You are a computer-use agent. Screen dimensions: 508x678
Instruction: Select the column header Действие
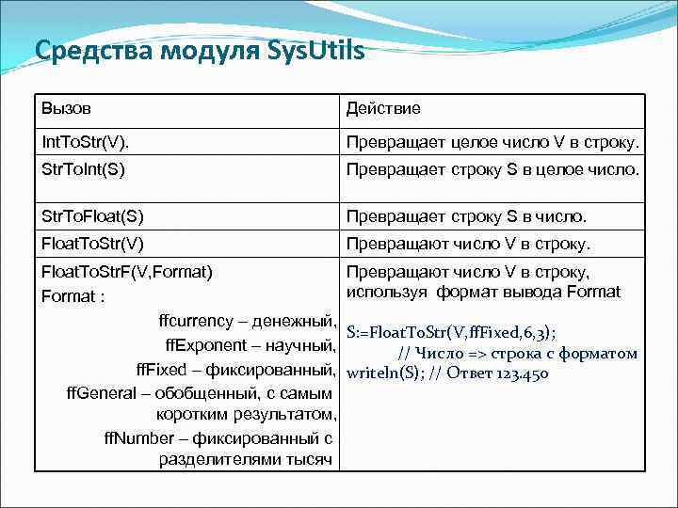(x=383, y=108)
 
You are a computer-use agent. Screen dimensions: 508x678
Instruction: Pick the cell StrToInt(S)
(x=84, y=170)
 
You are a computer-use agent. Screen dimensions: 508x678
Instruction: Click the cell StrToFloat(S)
(x=92, y=216)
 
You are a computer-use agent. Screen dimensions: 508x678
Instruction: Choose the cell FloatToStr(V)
(x=92, y=244)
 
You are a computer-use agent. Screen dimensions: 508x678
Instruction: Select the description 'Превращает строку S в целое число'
(x=492, y=170)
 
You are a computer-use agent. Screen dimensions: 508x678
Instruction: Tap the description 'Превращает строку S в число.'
(x=466, y=216)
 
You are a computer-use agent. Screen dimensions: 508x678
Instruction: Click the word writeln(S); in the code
(x=380, y=373)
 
